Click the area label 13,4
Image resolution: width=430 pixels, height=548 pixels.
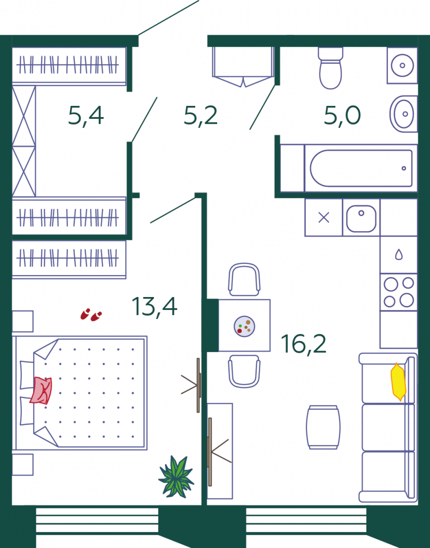click(x=155, y=307)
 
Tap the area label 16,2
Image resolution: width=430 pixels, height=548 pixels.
click(x=304, y=344)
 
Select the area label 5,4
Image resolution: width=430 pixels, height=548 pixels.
click(x=86, y=116)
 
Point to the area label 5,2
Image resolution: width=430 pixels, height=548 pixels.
click(x=201, y=116)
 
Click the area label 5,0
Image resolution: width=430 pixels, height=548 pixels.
click(x=342, y=116)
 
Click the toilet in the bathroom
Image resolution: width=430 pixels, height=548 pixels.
click(x=331, y=68)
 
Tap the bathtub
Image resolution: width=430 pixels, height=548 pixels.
click(x=361, y=168)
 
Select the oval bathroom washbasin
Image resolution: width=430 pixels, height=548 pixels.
click(x=403, y=113)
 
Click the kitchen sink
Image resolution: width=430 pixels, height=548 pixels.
click(x=361, y=218)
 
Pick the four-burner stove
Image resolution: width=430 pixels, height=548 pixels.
click(x=398, y=292)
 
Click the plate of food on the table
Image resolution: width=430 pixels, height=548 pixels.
click(x=244, y=326)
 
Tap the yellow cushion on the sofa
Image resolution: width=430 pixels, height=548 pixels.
click(x=398, y=382)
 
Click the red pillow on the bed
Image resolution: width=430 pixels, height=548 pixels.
click(x=41, y=390)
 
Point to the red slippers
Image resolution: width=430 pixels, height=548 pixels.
click(x=91, y=315)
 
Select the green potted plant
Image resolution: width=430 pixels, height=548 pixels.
click(x=176, y=476)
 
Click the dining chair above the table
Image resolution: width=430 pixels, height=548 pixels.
click(x=244, y=279)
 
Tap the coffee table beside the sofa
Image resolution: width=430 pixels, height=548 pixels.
click(x=323, y=427)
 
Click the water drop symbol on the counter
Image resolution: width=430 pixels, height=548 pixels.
click(x=398, y=254)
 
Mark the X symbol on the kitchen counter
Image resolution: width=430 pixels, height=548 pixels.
click(x=324, y=218)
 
